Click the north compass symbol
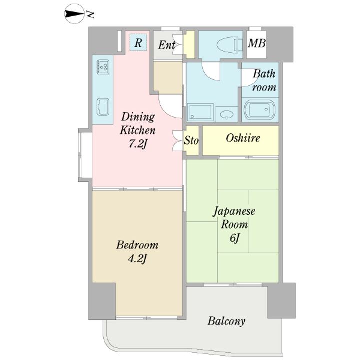[73, 14]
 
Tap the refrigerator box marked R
[138, 42]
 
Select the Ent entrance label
[167, 45]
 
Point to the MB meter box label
[257, 43]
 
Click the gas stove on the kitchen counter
[103, 67]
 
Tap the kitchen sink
[103, 107]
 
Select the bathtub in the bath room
[259, 109]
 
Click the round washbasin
[227, 114]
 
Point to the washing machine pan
[200, 112]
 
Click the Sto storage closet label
[191, 140]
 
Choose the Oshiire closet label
[243, 138]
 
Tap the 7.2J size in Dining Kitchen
[137, 144]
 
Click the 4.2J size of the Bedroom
[137, 259]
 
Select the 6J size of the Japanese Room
[234, 238]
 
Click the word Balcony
[226, 321]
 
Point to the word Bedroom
[137, 245]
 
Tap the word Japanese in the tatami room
[234, 211]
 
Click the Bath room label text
[264, 80]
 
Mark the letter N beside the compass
[90, 15]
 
